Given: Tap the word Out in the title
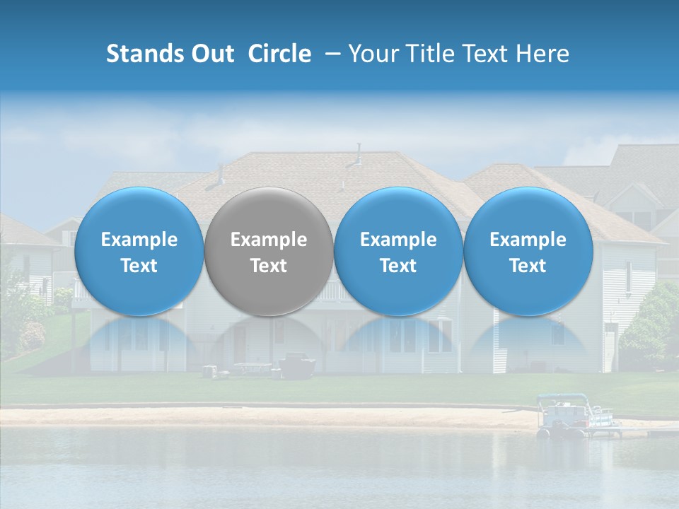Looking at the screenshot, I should pyautogui.click(x=210, y=54).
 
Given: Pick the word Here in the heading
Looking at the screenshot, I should pyautogui.click(x=542, y=54).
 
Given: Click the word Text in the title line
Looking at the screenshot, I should pyautogui.click(x=489, y=54).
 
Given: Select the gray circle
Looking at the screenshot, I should pyautogui.click(x=269, y=251).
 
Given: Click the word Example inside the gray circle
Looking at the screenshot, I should pyautogui.click(x=269, y=240).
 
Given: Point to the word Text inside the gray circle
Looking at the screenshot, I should pyautogui.click(x=269, y=266).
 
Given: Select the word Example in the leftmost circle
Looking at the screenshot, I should pyautogui.click(x=139, y=240).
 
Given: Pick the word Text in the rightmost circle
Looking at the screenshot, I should pyautogui.click(x=528, y=266).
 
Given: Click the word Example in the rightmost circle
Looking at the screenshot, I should pyautogui.click(x=528, y=240).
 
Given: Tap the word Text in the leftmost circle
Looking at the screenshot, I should pyautogui.click(x=139, y=266).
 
